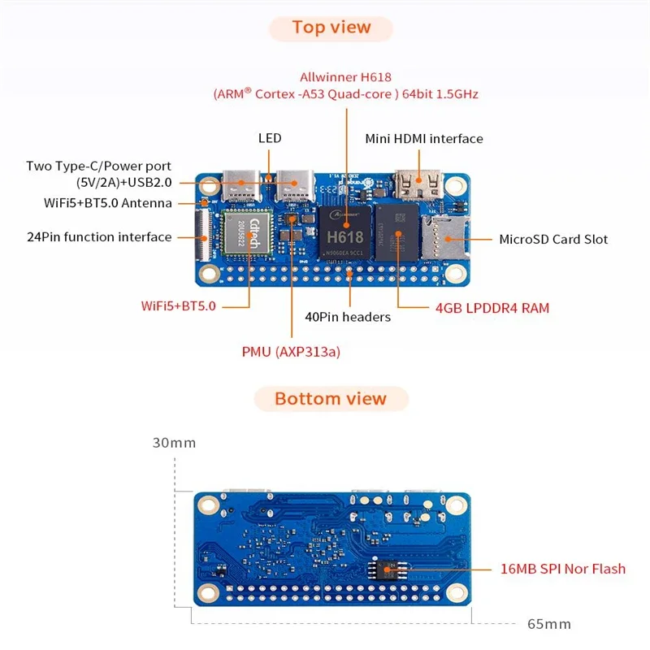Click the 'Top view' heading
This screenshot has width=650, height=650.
(331, 28)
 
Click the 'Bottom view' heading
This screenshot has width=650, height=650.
(331, 399)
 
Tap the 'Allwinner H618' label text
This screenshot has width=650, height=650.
(345, 77)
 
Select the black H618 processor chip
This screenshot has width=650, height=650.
(343, 232)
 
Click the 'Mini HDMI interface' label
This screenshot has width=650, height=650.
(423, 139)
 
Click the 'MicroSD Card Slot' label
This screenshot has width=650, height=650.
(552, 239)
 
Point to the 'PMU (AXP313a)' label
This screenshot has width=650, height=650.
(291, 352)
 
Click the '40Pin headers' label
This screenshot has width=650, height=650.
(347, 317)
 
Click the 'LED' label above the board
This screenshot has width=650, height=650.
(270, 138)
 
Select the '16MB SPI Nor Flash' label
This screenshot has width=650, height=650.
(562, 569)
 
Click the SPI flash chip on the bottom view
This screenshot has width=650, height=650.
(388, 569)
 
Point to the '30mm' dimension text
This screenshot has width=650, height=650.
(173, 443)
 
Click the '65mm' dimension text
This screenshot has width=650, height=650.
(548, 624)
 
